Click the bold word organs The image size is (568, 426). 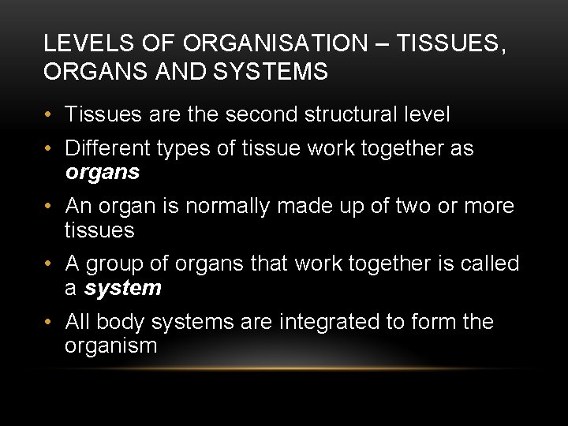(x=103, y=171)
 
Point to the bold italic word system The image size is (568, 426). (x=123, y=288)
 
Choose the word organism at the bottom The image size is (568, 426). (x=111, y=346)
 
